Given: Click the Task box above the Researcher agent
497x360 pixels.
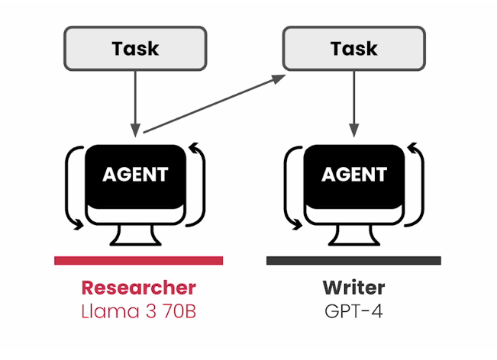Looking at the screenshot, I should coord(135,48).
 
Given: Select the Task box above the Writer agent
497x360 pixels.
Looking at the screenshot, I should coord(353,48).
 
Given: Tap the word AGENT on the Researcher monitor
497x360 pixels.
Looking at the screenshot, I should coord(135,174).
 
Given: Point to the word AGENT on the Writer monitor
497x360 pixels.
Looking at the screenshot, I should coord(353,174).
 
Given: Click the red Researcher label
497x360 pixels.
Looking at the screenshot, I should coord(138,288).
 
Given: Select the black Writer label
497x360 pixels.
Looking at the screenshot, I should coord(353,288).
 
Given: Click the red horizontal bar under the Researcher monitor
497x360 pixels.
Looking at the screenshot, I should coord(138,260).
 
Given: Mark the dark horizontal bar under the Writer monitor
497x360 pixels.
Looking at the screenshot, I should coord(353,260).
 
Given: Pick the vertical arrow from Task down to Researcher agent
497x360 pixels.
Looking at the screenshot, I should coord(135,99).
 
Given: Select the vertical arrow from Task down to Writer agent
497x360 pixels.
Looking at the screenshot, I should coord(353,99).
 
